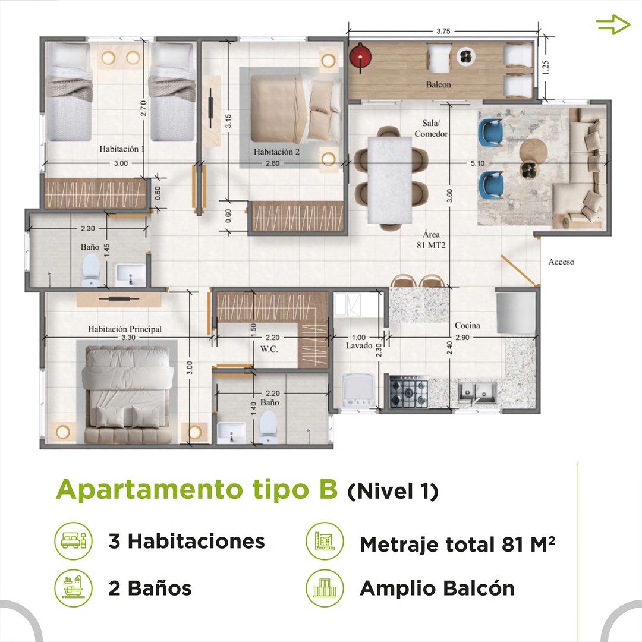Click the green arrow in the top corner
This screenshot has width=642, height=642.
pyautogui.click(x=613, y=24)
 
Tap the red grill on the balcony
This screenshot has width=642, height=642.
pyautogui.click(x=360, y=56)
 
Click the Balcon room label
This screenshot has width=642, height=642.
pyautogui.click(x=438, y=85)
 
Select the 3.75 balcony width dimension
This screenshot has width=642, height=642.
pyautogui.click(x=443, y=31)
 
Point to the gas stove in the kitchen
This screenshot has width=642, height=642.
pyautogui.click(x=408, y=393)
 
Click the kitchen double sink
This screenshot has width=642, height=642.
pyautogui.click(x=477, y=392)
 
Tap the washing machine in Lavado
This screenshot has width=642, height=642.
pyautogui.click(x=358, y=390)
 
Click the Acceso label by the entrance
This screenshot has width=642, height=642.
pyautogui.click(x=561, y=262)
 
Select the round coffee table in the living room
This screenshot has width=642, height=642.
pyautogui.click(x=533, y=152)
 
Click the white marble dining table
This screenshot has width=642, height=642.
pyautogui.click(x=390, y=180)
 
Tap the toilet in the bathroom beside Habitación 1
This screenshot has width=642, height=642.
pyautogui.click(x=91, y=270)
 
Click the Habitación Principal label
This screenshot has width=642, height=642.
pyautogui.click(x=124, y=329)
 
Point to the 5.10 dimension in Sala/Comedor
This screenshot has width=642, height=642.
pyautogui.click(x=477, y=163)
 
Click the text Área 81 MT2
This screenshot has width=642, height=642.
pyautogui.click(x=431, y=240)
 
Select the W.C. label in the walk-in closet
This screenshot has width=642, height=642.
pyautogui.click(x=269, y=350)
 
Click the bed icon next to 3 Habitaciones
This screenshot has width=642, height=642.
pyautogui.click(x=74, y=541)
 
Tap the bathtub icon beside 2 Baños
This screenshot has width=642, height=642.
pyautogui.click(x=74, y=588)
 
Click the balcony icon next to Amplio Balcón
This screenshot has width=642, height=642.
pyautogui.click(x=325, y=588)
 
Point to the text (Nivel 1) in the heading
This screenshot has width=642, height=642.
pyautogui.click(x=393, y=492)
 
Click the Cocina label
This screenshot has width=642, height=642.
pyautogui.click(x=467, y=326)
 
